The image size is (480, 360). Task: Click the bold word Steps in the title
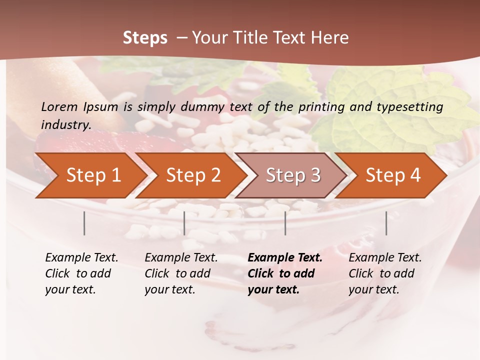(x=145, y=38)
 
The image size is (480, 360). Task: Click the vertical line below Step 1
(x=84, y=223)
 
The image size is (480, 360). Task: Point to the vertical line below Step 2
(x=184, y=223)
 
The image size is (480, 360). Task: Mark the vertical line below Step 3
(x=285, y=223)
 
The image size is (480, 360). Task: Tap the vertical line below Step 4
(x=386, y=223)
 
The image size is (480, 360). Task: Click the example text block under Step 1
(x=81, y=273)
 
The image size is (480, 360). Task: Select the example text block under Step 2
(x=181, y=273)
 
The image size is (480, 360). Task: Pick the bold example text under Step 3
(x=285, y=273)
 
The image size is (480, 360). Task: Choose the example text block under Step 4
(x=385, y=273)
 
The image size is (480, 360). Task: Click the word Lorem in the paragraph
(x=59, y=106)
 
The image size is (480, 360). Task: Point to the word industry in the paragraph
(x=66, y=125)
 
